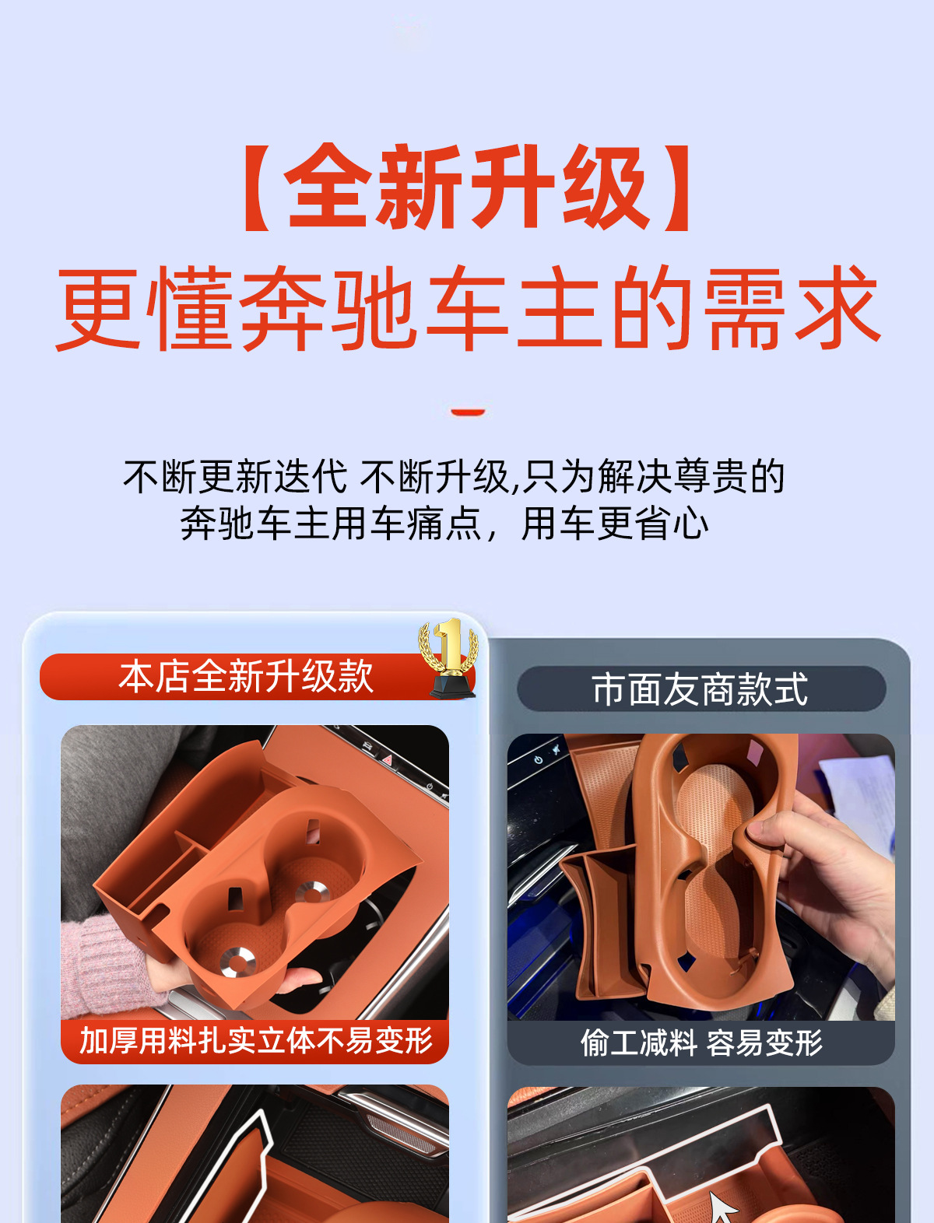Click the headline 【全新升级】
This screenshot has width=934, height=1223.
coord(468,187)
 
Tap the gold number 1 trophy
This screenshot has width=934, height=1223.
coord(449,657)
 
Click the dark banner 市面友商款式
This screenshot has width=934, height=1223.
coord(701,689)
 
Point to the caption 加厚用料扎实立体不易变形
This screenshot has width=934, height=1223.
coord(256,1040)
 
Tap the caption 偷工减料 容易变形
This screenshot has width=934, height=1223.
coord(701,1043)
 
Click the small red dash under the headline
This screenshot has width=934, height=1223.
coord(468,412)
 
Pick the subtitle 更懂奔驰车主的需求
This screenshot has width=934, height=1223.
coord(468,308)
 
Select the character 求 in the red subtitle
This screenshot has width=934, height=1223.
coord(837,308)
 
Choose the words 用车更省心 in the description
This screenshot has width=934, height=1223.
coord(615,524)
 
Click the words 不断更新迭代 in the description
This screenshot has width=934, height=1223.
coord(235,477)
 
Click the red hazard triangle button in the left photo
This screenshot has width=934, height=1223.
coord(387,759)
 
